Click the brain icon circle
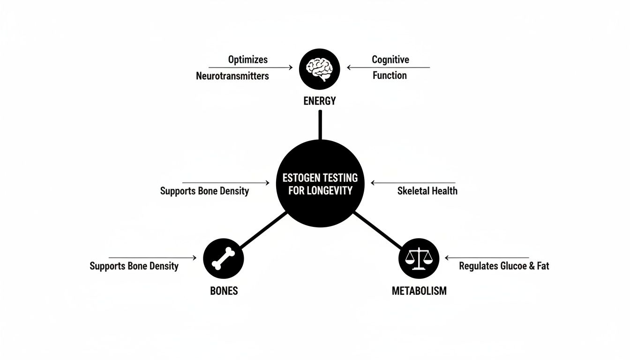tap(319, 69)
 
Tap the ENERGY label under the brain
tap(320, 101)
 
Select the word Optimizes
tap(248, 60)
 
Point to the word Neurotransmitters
tap(232, 75)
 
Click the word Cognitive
tap(390, 60)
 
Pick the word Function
tap(390, 75)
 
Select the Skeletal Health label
tap(427, 191)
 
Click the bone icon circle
tap(224, 258)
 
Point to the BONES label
tap(224, 291)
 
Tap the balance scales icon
tap(419, 258)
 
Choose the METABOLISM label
tap(419, 291)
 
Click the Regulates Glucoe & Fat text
tap(504, 266)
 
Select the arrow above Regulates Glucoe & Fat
tap(487, 258)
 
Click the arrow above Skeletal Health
tap(412, 183)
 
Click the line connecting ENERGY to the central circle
tap(320, 125)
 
